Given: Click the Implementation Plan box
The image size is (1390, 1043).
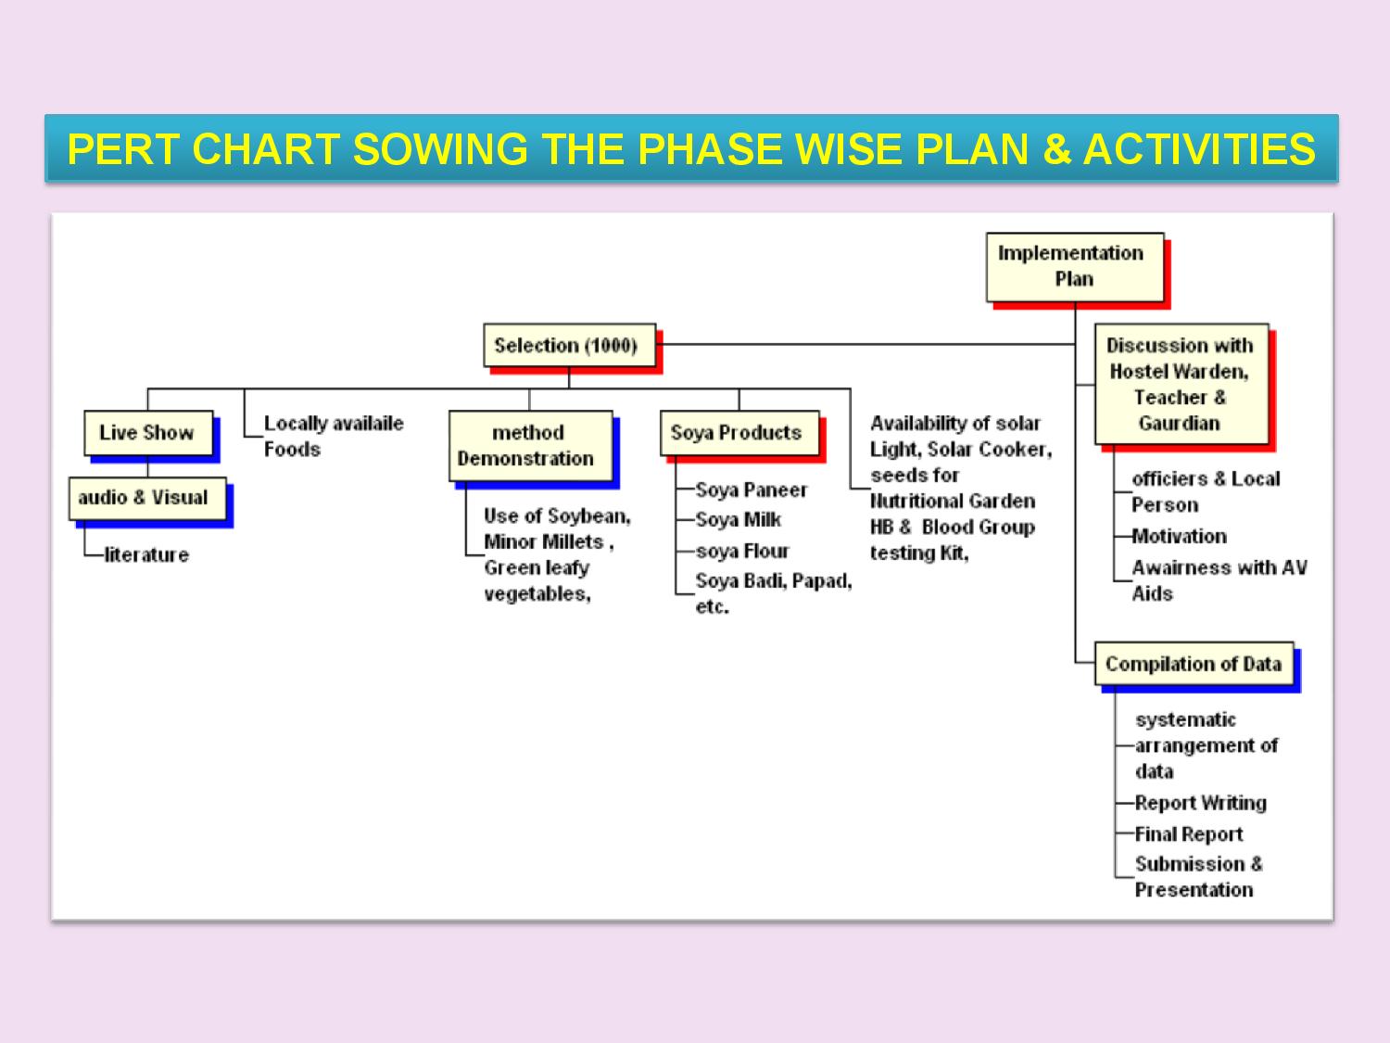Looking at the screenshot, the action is click(x=1075, y=267).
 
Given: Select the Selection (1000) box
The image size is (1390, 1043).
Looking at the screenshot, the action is click(x=569, y=345).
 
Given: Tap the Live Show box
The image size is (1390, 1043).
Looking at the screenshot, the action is click(x=148, y=433).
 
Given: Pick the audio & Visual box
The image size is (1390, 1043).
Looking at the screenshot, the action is click(x=147, y=499).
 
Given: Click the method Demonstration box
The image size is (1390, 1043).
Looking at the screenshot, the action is click(x=531, y=446).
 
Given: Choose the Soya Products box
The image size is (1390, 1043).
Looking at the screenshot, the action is click(x=739, y=433).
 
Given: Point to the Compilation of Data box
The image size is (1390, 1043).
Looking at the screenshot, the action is click(x=1194, y=664).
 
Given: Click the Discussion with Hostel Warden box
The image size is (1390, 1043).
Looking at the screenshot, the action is click(x=1181, y=385).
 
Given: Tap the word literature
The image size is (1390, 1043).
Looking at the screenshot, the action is click(x=147, y=554).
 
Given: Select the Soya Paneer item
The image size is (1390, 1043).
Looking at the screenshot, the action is click(x=751, y=490).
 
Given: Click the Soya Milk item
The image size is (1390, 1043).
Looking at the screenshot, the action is click(x=739, y=519).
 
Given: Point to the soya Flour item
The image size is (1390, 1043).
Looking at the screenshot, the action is click(x=742, y=551).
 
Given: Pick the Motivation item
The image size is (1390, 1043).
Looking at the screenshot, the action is click(x=1179, y=537).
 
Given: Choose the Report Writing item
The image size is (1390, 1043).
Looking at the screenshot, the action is click(x=1201, y=803).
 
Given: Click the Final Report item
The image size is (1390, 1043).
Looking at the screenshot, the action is click(x=1189, y=834).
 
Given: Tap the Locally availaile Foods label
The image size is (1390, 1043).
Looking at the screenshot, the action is click(x=334, y=437).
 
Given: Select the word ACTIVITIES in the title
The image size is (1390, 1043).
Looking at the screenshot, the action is click(x=1199, y=149).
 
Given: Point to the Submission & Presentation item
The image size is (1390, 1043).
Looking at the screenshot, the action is click(x=1198, y=877).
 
